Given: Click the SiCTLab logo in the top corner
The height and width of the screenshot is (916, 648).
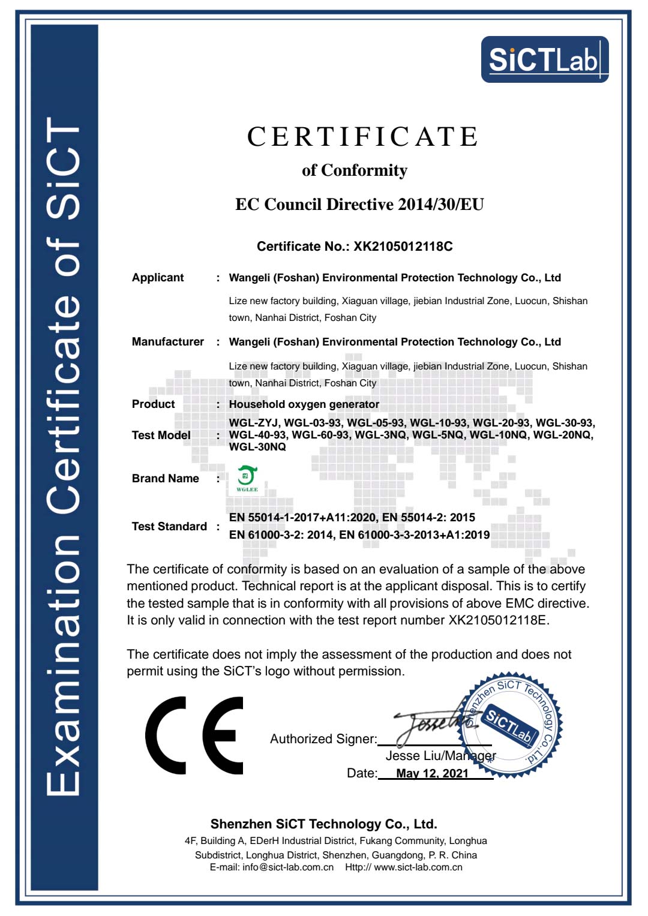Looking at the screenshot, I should [x=544, y=59].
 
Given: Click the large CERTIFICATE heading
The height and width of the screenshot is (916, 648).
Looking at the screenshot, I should [x=362, y=137].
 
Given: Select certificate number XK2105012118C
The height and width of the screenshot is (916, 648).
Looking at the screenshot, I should [x=403, y=247].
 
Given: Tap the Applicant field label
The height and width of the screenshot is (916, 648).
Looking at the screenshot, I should [x=158, y=278].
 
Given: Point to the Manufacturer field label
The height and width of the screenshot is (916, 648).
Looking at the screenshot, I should [x=168, y=342].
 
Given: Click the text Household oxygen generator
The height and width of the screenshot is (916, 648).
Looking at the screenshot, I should [x=304, y=404].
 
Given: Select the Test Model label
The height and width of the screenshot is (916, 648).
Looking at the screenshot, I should [x=161, y=436].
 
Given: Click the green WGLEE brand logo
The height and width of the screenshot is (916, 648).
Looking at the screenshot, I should [x=247, y=479].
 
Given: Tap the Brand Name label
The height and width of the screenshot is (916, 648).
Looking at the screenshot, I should [x=165, y=479].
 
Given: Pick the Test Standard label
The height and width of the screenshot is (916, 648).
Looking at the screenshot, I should [x=169, y=527].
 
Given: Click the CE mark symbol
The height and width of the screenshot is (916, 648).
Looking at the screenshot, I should [x=194, y=735].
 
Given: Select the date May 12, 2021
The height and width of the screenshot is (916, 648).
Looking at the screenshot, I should [x=432, y=773].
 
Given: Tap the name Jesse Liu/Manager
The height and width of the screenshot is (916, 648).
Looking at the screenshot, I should [x=440, y=756].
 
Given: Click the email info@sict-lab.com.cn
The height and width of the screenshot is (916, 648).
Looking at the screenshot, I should [x=287, y=867].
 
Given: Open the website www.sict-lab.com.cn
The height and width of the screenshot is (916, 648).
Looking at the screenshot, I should [x=418, y=867].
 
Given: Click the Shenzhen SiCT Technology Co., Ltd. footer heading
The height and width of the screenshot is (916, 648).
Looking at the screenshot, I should [x=323, y=824].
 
